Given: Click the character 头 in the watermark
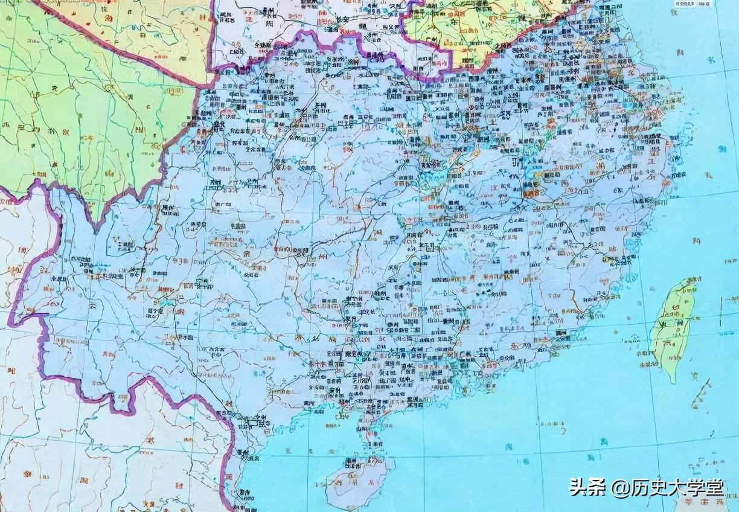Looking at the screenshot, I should pos(578,487).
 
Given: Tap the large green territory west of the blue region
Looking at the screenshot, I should pos(78,121).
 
